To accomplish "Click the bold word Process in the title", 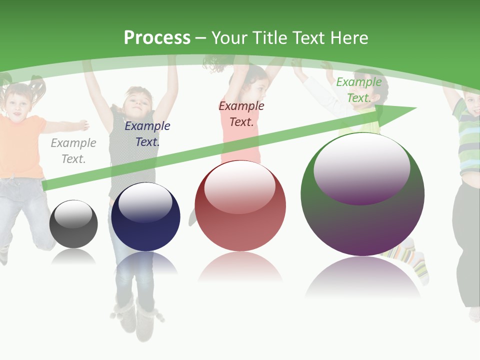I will pos(157,38).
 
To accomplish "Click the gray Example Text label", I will pos(73,151).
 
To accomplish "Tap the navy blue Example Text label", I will pos(147,134).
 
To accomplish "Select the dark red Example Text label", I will pos(241,114).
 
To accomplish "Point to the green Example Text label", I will pos(358,90).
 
